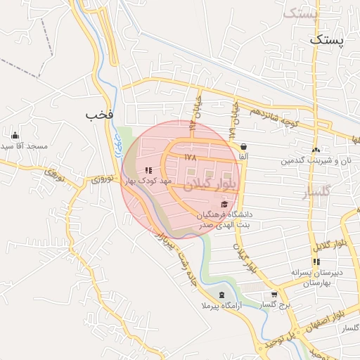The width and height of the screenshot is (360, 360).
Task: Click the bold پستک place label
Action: (x=328, y=40)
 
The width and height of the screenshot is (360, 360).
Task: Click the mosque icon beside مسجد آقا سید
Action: (x=15, y=135)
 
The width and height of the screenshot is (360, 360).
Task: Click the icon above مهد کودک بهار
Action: (x=148, y=170)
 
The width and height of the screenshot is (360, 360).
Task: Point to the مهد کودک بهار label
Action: (x=148, y=181)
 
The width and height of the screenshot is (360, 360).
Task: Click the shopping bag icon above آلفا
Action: (x=243, y=147)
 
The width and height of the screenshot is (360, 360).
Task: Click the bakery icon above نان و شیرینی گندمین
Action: (x=316, y=150)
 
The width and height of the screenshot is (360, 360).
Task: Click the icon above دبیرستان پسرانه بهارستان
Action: (x=316, y=262)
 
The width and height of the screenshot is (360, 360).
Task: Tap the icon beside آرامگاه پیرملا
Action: (x=222, y=295)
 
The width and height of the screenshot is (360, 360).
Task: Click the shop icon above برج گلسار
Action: (x=274, y=295)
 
